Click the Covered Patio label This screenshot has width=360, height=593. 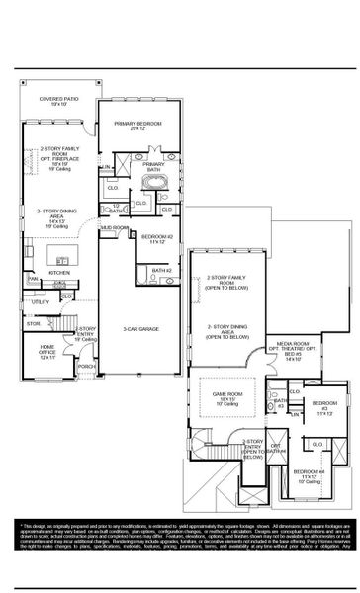58,101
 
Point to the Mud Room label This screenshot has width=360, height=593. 115,228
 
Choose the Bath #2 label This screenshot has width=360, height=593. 161,270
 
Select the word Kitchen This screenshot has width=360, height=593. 60,273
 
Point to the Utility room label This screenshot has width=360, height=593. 40,302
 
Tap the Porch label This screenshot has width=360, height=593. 86,366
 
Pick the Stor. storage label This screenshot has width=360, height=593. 34,323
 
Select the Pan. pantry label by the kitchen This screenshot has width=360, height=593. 33,279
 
